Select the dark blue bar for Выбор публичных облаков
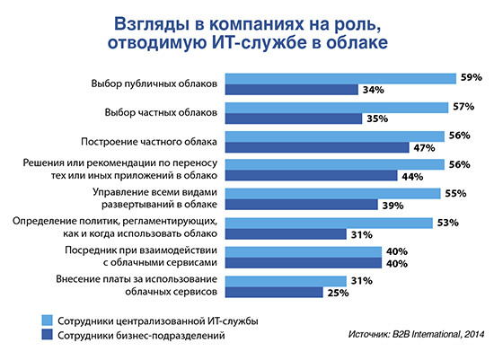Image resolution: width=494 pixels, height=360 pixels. point(291,90)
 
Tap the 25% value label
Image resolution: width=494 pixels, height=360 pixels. point(337,291)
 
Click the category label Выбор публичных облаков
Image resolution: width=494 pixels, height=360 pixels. point(154,83)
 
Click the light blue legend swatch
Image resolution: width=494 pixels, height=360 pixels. point(47,319)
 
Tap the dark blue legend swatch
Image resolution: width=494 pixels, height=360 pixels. point(47,336)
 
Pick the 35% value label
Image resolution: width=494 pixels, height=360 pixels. point(375,119)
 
